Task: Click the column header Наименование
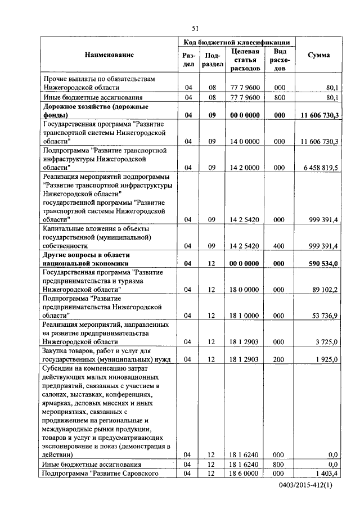[x=110, y=55]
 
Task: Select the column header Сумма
[x=318, y=55]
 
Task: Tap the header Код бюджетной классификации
[x=236, y=42]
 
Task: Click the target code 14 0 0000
[x=245, y=142]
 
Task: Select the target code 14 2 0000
[x=245, y=168]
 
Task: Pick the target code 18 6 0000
[x=245, y=475]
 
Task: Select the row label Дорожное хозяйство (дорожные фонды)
[x=96, y=110]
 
